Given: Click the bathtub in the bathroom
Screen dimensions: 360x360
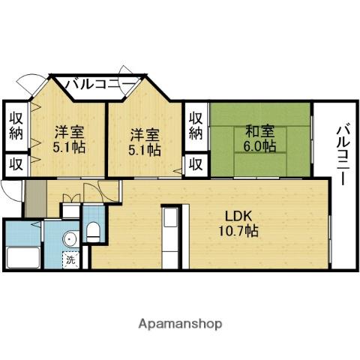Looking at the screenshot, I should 23,256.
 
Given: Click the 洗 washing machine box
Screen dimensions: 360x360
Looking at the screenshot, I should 70,260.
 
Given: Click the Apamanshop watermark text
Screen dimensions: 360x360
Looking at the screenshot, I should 180,324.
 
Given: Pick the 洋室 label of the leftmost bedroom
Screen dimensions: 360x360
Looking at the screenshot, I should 67,131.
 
